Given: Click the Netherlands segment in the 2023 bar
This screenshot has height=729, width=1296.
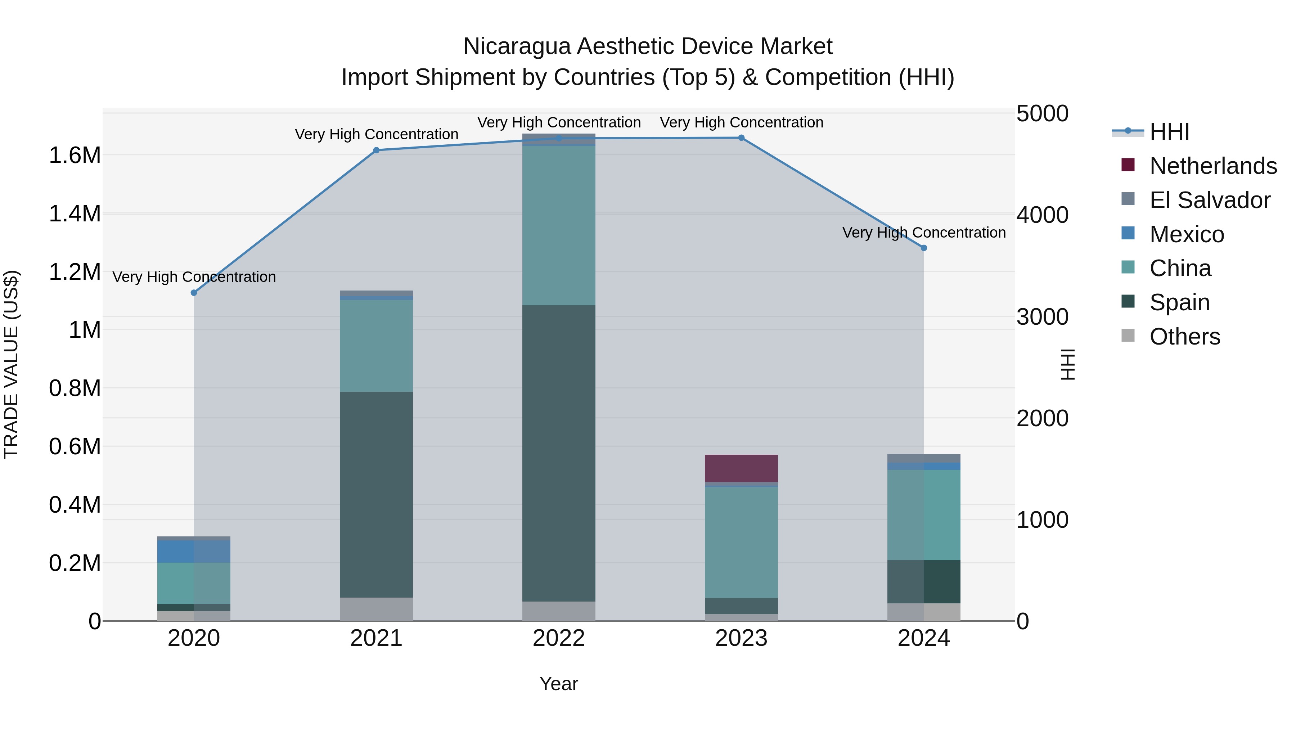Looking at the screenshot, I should (x=741, y=468).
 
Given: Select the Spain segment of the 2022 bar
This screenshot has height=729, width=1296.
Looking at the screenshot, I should (x=558, y=453).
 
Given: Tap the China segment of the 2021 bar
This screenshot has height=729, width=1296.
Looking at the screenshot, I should (x=376, y=346).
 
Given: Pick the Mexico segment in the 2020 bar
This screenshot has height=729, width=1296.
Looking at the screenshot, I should (x=194, y=552).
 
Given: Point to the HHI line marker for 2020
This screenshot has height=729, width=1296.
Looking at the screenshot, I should (x=194, y=293).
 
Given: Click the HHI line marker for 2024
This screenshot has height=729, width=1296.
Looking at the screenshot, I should (x=924, y=248).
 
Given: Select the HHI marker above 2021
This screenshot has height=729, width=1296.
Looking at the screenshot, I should (x=376, y=150).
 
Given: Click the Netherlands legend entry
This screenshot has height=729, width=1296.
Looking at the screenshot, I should (x=1212, y=166).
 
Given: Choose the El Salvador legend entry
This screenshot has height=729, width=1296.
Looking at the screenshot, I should (x=1210, y=200).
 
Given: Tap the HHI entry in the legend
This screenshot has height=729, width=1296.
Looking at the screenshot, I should (x=1169, y=132).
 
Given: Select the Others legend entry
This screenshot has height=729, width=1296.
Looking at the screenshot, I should (x=1184, y=337).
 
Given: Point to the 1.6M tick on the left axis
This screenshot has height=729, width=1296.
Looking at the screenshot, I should (x=75, y=156).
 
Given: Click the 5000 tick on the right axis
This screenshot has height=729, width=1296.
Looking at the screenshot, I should (x=1042, y=114).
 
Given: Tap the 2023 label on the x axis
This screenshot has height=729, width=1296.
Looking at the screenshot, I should (x=741, y=638).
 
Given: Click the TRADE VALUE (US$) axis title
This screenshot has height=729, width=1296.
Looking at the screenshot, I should (x=11, y=364).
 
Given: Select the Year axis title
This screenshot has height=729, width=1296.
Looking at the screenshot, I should (x=558, y=684).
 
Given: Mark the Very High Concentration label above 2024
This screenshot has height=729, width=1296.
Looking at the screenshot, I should (x=924, y=233).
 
